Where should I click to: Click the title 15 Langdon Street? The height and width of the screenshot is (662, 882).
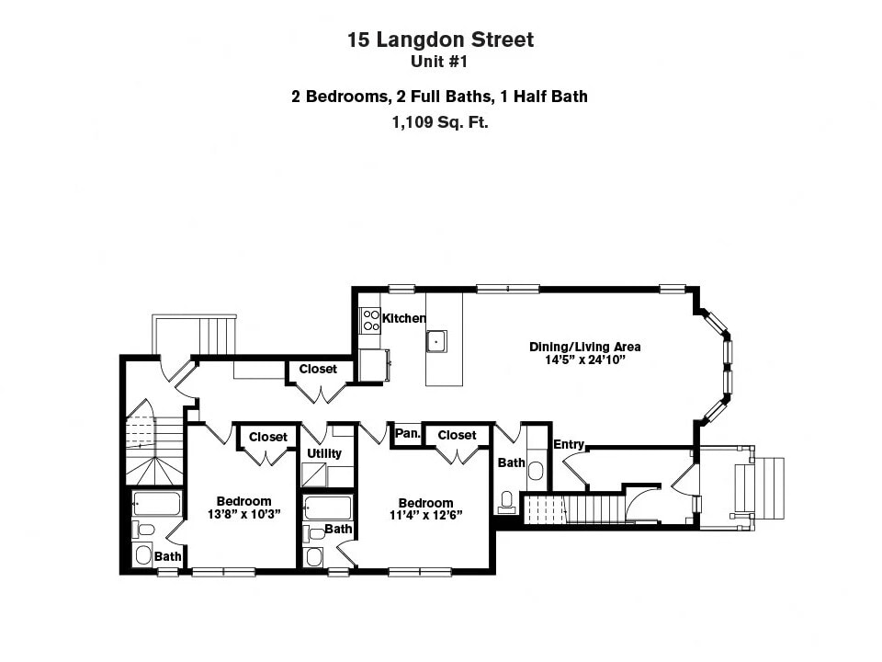tap(440, 40)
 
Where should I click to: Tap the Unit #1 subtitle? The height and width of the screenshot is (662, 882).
tap(440, 63)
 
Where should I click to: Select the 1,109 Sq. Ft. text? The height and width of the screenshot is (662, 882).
tap(440, 121)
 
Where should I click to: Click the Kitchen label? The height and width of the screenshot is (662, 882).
tap(404, 318)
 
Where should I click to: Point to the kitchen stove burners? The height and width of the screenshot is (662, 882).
tap(371, 320)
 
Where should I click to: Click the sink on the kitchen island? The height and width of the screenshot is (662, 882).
tap(436, 340)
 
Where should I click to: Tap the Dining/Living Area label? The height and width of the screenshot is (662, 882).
tap(584, 347)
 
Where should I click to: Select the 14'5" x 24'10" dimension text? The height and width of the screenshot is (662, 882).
tap(584, 360)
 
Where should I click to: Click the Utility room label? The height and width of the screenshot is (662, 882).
tap(324, 453)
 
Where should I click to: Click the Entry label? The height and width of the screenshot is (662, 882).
tap(569, 444)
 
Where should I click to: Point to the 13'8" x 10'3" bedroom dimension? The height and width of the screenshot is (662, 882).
tap(243, 515)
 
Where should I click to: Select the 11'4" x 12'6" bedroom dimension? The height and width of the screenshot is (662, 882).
tap(425, 516)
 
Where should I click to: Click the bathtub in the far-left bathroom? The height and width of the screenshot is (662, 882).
tap(157, 504)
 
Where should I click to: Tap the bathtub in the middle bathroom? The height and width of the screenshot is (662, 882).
tap(327, 508)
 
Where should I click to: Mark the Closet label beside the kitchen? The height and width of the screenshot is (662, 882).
tap(318, 369)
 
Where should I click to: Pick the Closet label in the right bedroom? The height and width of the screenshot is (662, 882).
tap(457, 435)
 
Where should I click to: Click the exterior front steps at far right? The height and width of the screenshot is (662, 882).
tap(766, 486)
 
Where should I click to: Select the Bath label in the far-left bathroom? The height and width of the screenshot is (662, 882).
tap(167, 556)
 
